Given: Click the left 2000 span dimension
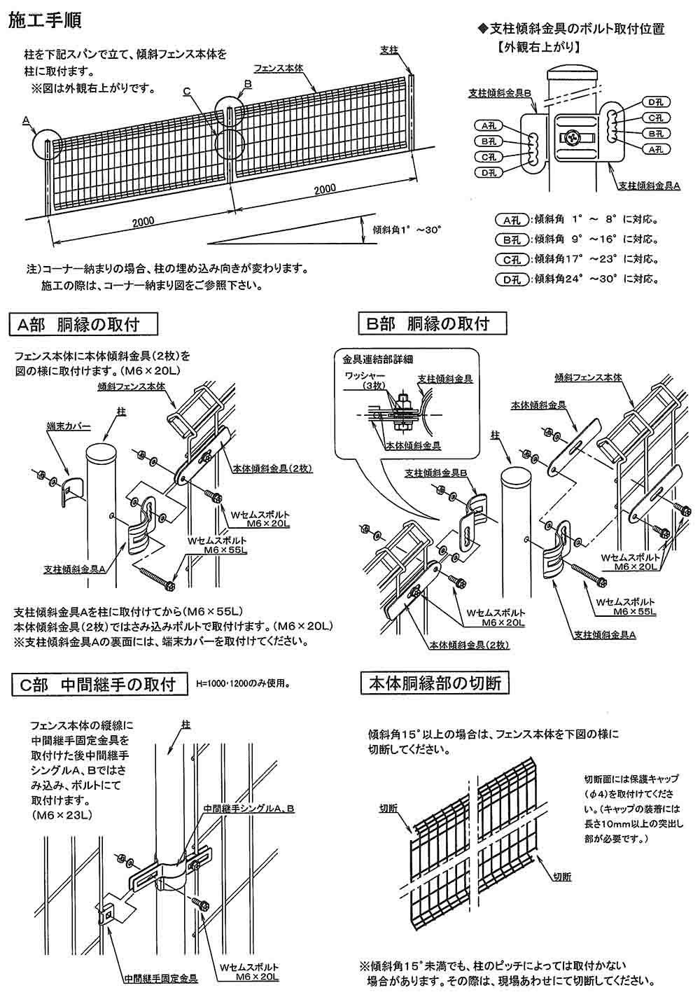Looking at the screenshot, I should click(x=142, y=222).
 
